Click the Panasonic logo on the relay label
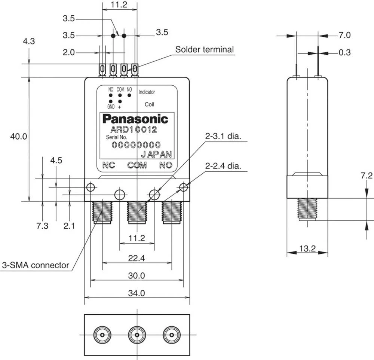135,119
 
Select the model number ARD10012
134,129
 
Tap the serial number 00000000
137,145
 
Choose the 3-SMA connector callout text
36,265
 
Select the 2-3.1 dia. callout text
223,137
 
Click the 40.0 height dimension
18,137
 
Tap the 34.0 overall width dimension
136,293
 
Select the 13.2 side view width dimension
307,248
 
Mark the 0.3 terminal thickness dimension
344,53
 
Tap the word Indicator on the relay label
147,92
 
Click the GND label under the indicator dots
110,107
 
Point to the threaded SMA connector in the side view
307,209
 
